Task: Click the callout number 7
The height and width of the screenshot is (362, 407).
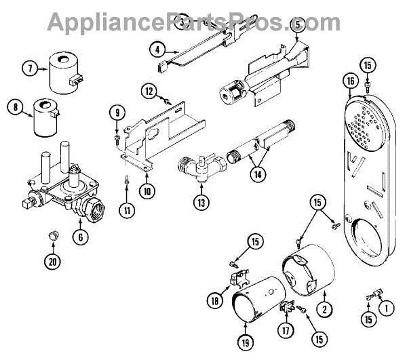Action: [30, 68]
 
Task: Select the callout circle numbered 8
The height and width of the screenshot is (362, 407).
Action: [12, 106]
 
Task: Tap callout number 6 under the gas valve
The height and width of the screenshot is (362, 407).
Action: [81, 238]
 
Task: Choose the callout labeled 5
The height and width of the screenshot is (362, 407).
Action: [296, 26]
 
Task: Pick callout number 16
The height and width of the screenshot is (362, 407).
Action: [350, 82]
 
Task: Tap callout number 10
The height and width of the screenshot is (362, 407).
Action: [147, 191]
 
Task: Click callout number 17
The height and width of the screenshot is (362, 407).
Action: [284, 331]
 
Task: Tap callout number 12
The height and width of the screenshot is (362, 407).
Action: [149, 90]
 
